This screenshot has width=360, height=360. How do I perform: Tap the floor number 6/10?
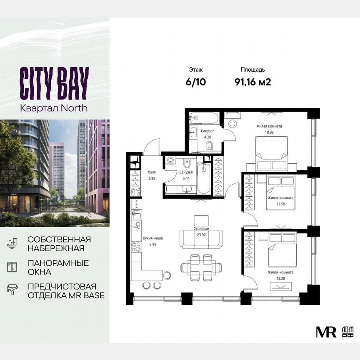(x=196, y=82)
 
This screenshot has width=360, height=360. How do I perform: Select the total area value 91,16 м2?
(x=252, y=82)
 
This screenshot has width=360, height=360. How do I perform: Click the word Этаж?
(x=196, y=70)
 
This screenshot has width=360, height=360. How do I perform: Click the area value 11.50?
(x=281, y=204)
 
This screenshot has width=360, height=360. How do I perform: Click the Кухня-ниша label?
(x=152, y=238)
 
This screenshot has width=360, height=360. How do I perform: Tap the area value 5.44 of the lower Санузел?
(x=185, y=177)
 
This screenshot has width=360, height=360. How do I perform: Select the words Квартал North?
(x=54, y=107)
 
